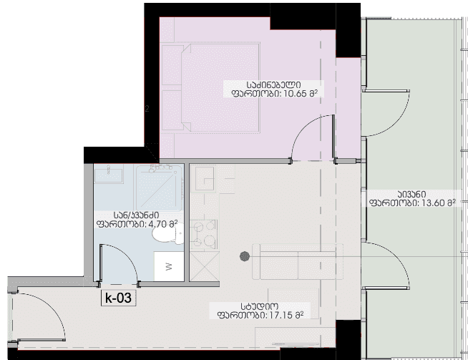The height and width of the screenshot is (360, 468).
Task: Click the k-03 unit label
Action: coord(119,298)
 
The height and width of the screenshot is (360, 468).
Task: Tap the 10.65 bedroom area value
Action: coord(295,94)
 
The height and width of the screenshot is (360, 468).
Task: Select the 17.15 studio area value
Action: coord(281,315)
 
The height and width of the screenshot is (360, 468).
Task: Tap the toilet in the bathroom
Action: coord(168,234)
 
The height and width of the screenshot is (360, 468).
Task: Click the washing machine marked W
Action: coord(169,266)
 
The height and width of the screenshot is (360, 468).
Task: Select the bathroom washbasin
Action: coord(109,175)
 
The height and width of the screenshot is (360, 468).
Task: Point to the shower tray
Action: coord(160,188)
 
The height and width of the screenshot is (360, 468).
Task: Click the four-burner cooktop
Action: coord(204,234)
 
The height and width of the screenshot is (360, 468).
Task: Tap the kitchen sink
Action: coord(205,178)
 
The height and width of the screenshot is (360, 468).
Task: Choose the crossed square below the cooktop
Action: coord(205,266)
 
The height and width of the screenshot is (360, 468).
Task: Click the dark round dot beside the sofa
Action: coord(245,256)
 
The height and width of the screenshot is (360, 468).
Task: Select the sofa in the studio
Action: coord(298,261)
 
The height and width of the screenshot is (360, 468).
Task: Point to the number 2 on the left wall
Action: coord(147,109)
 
